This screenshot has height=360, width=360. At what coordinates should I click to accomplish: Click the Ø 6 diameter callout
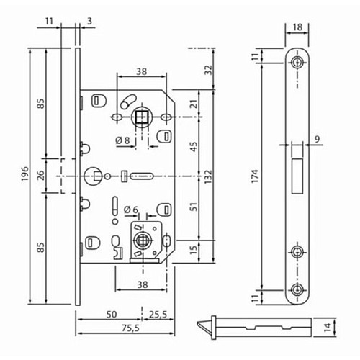[x=130, y=210]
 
